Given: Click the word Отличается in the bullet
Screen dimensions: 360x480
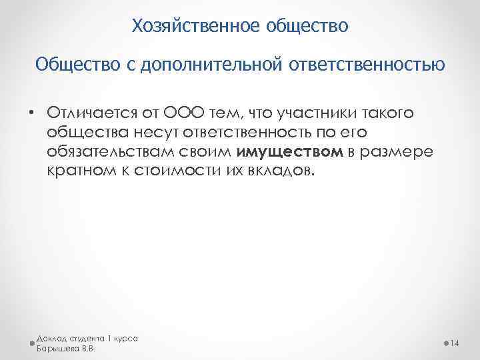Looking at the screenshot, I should [x=87, y=113].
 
